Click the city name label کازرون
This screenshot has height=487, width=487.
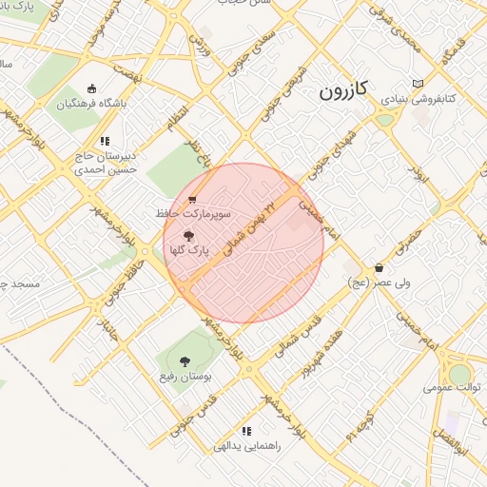pos(341,92)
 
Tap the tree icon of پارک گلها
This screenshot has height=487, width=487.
pos(187,234)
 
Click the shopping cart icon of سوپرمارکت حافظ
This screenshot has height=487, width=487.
pos(192,200)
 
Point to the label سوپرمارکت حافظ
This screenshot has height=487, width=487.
pos(183,214)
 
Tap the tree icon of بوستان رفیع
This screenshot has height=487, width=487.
pos(185,361)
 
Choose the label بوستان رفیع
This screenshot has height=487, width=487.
pos(185,377)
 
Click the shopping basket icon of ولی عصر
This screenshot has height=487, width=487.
pos(380,267)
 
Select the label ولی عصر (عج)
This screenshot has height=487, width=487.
pos(380,282)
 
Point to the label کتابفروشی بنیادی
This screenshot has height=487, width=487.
pos(422,98)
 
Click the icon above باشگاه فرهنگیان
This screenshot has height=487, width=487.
pos(91,88)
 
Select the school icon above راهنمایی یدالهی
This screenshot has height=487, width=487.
pos(246,431)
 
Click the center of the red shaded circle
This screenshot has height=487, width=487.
pos(243,243)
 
